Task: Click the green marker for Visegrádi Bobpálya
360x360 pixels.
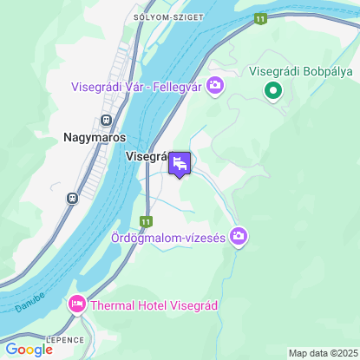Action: [272, 89]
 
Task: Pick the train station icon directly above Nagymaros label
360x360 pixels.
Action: [106, 120]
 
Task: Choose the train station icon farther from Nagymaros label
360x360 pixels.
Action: [72, 198]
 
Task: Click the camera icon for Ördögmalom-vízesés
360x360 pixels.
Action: [239, 236]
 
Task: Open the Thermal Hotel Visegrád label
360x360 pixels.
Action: [153, 305]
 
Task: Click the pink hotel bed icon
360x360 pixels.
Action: [76, 304]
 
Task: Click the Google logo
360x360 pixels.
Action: [29, 349]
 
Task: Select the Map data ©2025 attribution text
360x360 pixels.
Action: [322, 353]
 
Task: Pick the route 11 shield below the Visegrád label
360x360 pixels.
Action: [147, 222]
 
